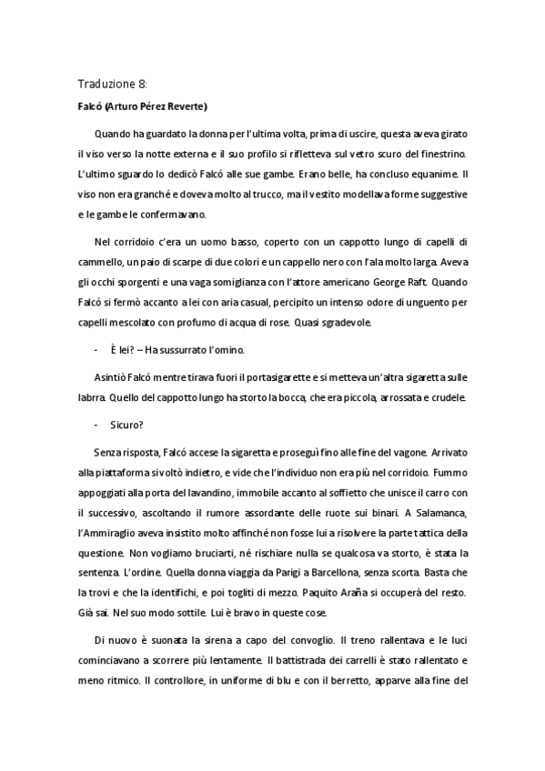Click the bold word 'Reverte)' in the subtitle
(x=187, y=105)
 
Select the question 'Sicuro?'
(x=127, y=424)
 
